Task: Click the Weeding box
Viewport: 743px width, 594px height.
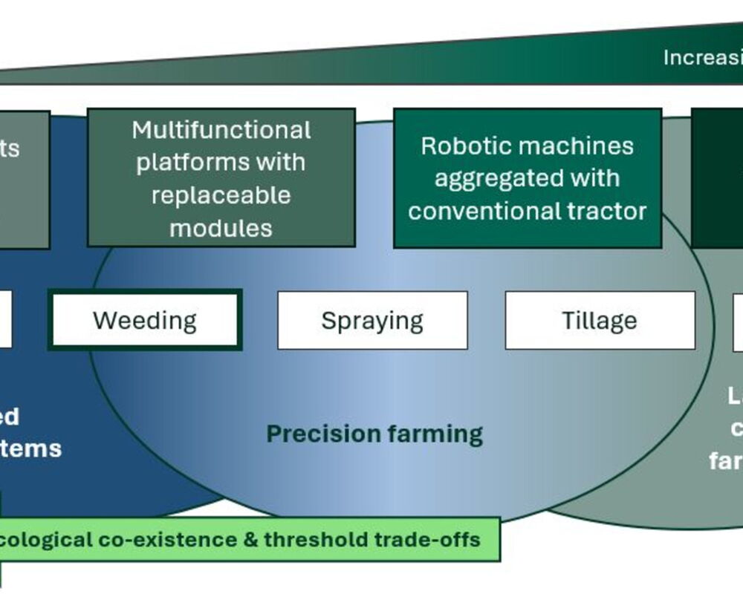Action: click(x=145, y=321)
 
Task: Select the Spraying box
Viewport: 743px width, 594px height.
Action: click(x=372, y=321)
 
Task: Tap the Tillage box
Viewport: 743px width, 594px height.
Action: click(x=600, y=321)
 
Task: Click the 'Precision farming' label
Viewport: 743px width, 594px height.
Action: click(x=374, y=434)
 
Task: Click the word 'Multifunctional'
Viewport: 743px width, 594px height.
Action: click(x=221, y=131)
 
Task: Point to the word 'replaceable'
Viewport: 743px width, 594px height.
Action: click(x=221, y=196)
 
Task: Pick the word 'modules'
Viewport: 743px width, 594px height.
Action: click(x=221, y=228)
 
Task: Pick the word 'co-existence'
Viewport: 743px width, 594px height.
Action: click(x=163, y=539)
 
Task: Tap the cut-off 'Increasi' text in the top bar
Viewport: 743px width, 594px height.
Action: click(x=702, y=58)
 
